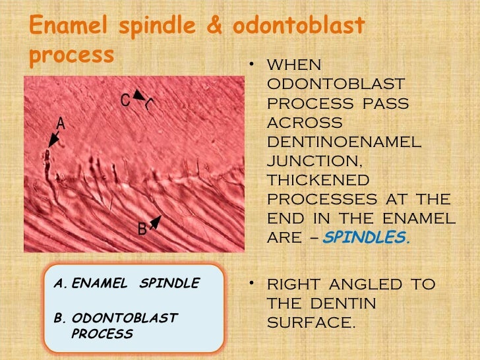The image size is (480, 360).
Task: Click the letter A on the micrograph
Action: [x=60, y=123]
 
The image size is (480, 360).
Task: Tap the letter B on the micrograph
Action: [x=142, y=229]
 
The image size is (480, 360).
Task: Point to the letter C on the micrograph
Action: [x=125, y=100]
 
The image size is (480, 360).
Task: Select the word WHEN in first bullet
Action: [x=294, y=66]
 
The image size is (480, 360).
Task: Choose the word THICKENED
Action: [x=318, y=180]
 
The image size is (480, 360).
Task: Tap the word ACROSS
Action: [x=304, y=123]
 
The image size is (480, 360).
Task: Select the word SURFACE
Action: [x=310, y=323]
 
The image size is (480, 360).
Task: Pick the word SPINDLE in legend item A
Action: [x=169, y=284]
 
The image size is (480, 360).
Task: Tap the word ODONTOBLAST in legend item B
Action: [x=124, y=318]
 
